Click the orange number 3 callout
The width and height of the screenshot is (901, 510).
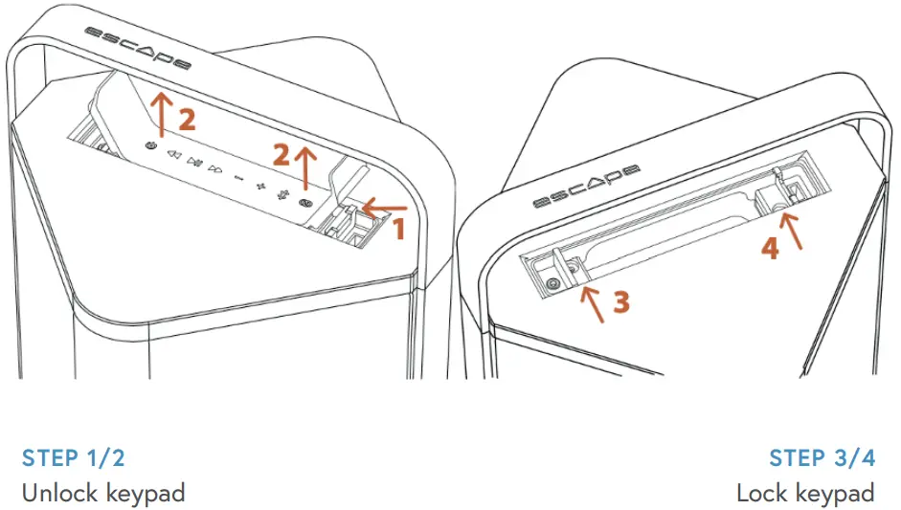pyautogui.click(x=620, y=302)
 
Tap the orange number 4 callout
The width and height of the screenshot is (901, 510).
pyautogui.click(x=770, y=248)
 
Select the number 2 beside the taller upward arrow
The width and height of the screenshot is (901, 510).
pyautogui.click(x=187, y=120)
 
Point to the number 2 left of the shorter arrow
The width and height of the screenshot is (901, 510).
pyautogui.click(x=282, y=153)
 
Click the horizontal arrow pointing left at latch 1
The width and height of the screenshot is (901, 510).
pyautogui.click(x=384, y=207)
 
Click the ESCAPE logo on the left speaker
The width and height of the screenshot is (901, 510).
pyautogui.click(x=137, y=50)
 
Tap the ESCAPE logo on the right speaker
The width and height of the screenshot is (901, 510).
pyautogui.click(x=586, y=188)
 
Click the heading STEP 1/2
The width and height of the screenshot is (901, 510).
pyautogui.click(x=74, y=458)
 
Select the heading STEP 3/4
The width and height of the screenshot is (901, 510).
pyautogui.click(x=822, y=458)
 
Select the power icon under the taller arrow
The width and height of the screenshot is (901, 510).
pyautogui.click(x=150, y=145)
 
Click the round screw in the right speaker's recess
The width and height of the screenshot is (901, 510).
pyautogui.click(x=552, y=283)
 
